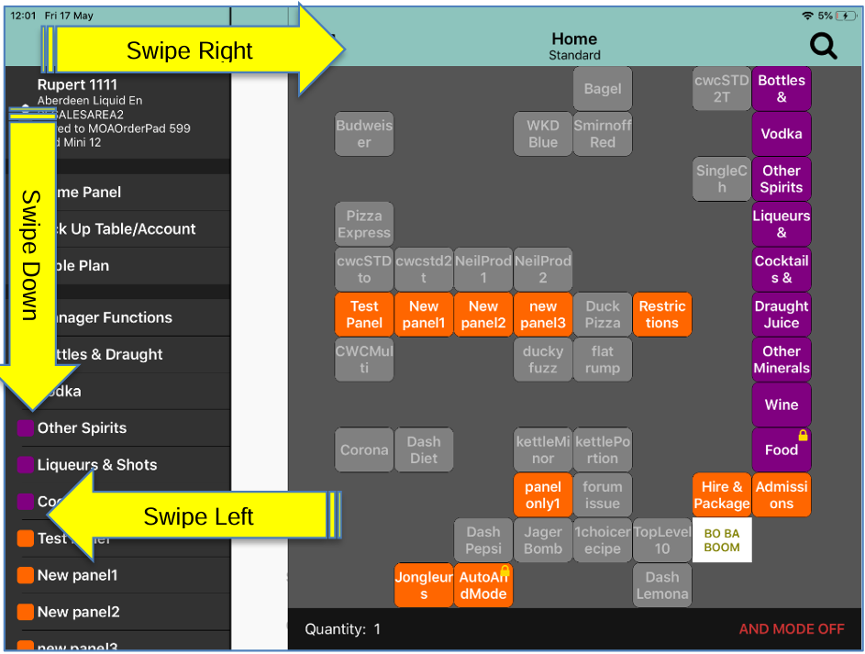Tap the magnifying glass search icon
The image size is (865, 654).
(x=823, y=46)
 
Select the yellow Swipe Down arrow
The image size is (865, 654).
(x=30, y=257)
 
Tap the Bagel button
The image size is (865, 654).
(x=603, y=89)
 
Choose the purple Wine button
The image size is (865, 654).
(x=782, y=405)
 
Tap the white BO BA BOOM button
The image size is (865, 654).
(x=722, y=540)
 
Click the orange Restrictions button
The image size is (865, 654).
(x=662, y=315)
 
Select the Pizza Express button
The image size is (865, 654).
(x=364, y=225)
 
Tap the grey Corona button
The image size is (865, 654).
(x=364, y=449)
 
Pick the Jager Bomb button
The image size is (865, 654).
(x=543, y=540)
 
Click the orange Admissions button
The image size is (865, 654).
(x=782, y=495)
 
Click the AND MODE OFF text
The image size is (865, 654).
(x=792, y=629)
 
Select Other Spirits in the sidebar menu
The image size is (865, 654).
(x=82, y=428)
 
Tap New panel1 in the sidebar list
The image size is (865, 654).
(x=77, y=575)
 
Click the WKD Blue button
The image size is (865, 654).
(x=543, y=134)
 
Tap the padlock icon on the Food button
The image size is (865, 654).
(x=803, y=436)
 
